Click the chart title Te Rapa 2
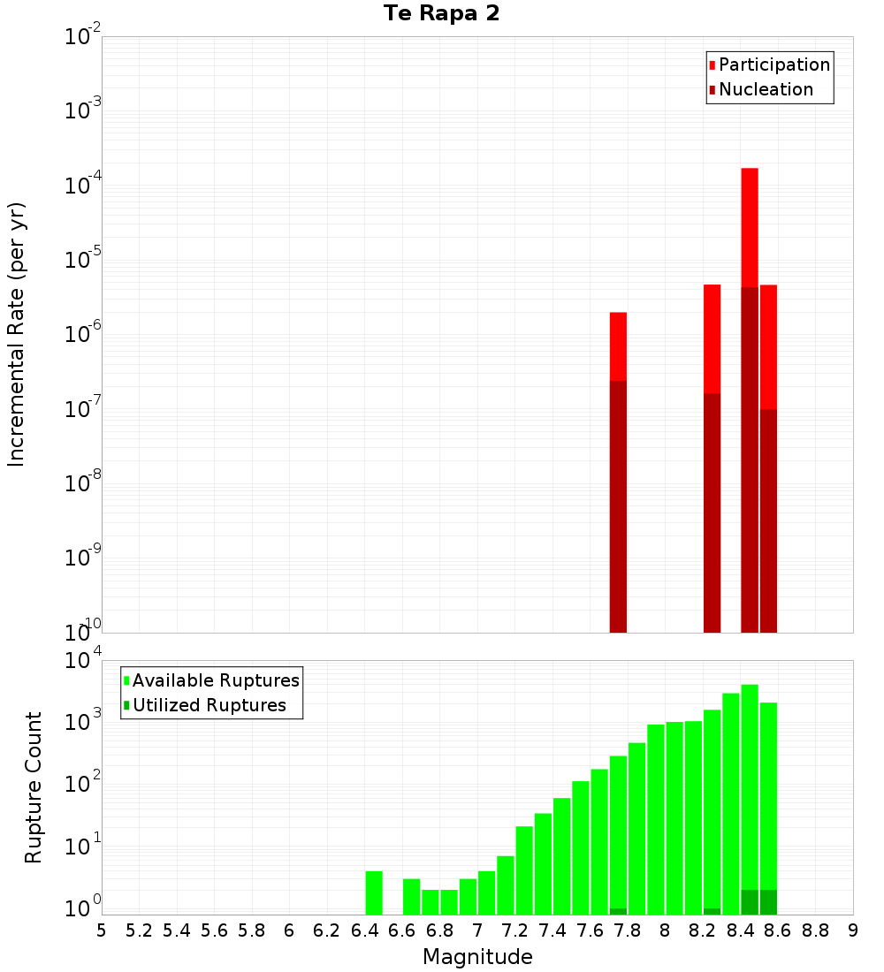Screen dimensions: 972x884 [x=441, y=14]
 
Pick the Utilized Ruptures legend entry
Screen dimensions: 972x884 [x=209, y=706]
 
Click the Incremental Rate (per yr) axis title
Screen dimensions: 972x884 [x=17, y=335]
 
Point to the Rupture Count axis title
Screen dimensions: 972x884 [x=34, y=787]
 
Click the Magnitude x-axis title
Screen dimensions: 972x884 [x=477, y=957]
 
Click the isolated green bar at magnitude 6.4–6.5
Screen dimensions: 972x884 [x=374, y=892]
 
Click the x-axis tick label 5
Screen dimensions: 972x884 [x=102, y=930]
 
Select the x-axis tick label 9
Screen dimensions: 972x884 [x=853, y=930]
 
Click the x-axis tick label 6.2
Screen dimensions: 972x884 [x=327, y=930]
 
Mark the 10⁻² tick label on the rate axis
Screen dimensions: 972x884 [x=82, y=37]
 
